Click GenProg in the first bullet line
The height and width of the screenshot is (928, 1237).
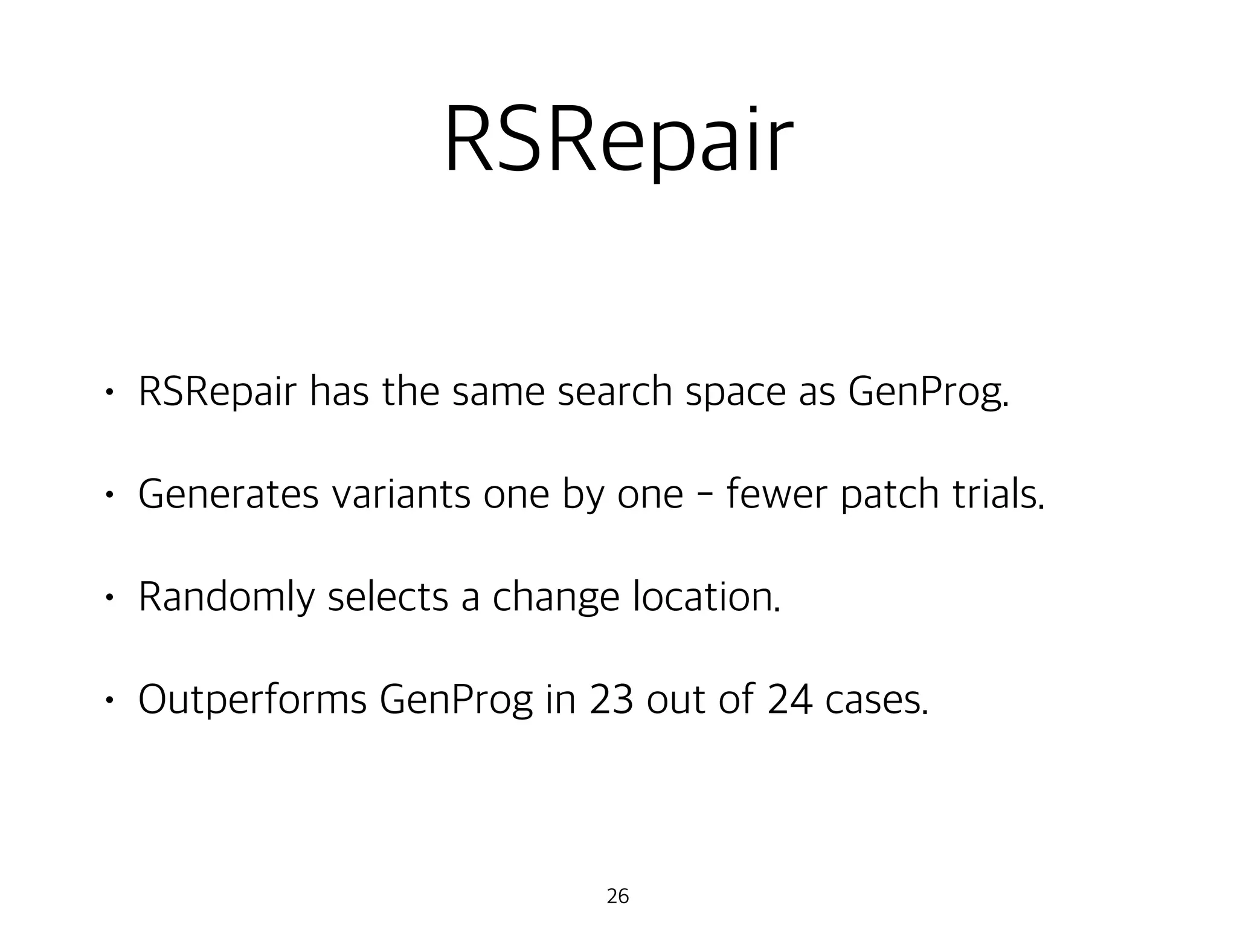point(927,393)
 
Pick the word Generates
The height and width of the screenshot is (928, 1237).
point(228,494)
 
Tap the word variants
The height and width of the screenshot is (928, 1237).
point(401,494)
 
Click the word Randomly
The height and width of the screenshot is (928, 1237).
point(227,598)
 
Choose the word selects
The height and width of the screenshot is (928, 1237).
point(388,597)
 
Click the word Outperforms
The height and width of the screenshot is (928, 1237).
point(252,700)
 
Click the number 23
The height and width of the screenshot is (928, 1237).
point(611,700)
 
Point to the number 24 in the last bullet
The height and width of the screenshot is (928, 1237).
point(789,700)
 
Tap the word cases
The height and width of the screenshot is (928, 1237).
point(876,700)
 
